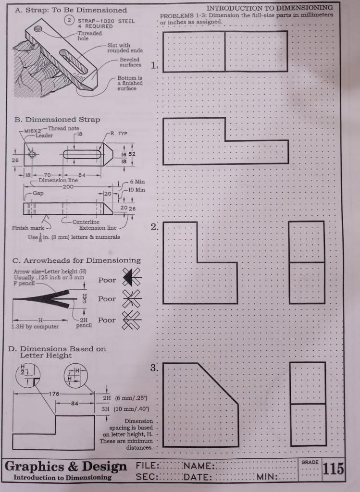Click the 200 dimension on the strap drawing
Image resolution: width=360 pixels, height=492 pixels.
pos(67,186)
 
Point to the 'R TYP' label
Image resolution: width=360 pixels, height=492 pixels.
pos(118,134)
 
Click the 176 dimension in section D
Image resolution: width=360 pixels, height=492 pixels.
pos(53,394)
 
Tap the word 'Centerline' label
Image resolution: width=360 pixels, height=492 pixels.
pos(86,221)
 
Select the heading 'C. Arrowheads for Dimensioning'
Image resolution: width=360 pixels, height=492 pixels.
pos(77,260)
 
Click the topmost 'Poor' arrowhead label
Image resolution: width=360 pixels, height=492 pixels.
pos(107,280)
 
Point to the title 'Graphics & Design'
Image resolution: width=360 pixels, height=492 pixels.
pos(66,466)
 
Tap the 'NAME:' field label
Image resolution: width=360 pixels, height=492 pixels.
pos(198,466)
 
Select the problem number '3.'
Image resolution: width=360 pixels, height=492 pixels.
pos(154,369)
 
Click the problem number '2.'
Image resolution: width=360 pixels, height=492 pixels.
pos(154,227)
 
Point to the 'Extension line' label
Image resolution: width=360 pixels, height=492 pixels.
pos(98,228)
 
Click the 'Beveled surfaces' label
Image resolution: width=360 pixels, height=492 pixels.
pos(130,62)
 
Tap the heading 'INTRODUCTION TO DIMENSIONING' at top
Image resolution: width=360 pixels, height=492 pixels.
pos(270,8)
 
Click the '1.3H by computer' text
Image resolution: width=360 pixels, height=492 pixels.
pos(35,327)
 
